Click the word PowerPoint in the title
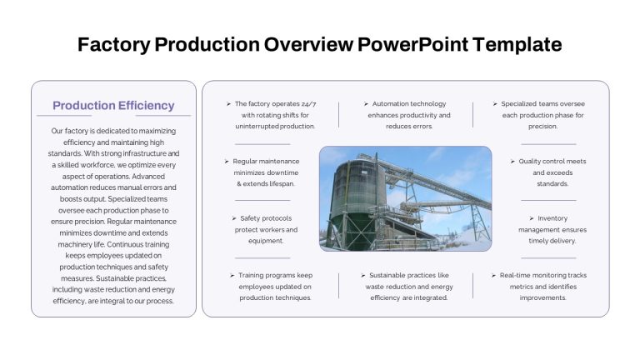pos(412,44)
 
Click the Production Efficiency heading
pos(113,105)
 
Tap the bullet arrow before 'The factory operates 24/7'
pos(228,104)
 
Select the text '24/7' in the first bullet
pos(308,104)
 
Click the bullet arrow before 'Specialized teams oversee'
pos(495,104)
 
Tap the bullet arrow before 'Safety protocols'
pos(234,218)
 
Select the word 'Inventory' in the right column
pos(552,218)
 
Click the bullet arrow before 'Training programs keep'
pos(232,276)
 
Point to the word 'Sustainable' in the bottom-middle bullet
pos(387,275)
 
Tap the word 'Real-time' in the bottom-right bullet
pos(515,275)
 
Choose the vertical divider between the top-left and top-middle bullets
pos(339,115)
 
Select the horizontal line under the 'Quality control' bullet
pos(548,200)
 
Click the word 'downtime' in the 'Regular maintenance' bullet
pos(282,172)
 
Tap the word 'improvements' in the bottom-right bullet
pos(542,298)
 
